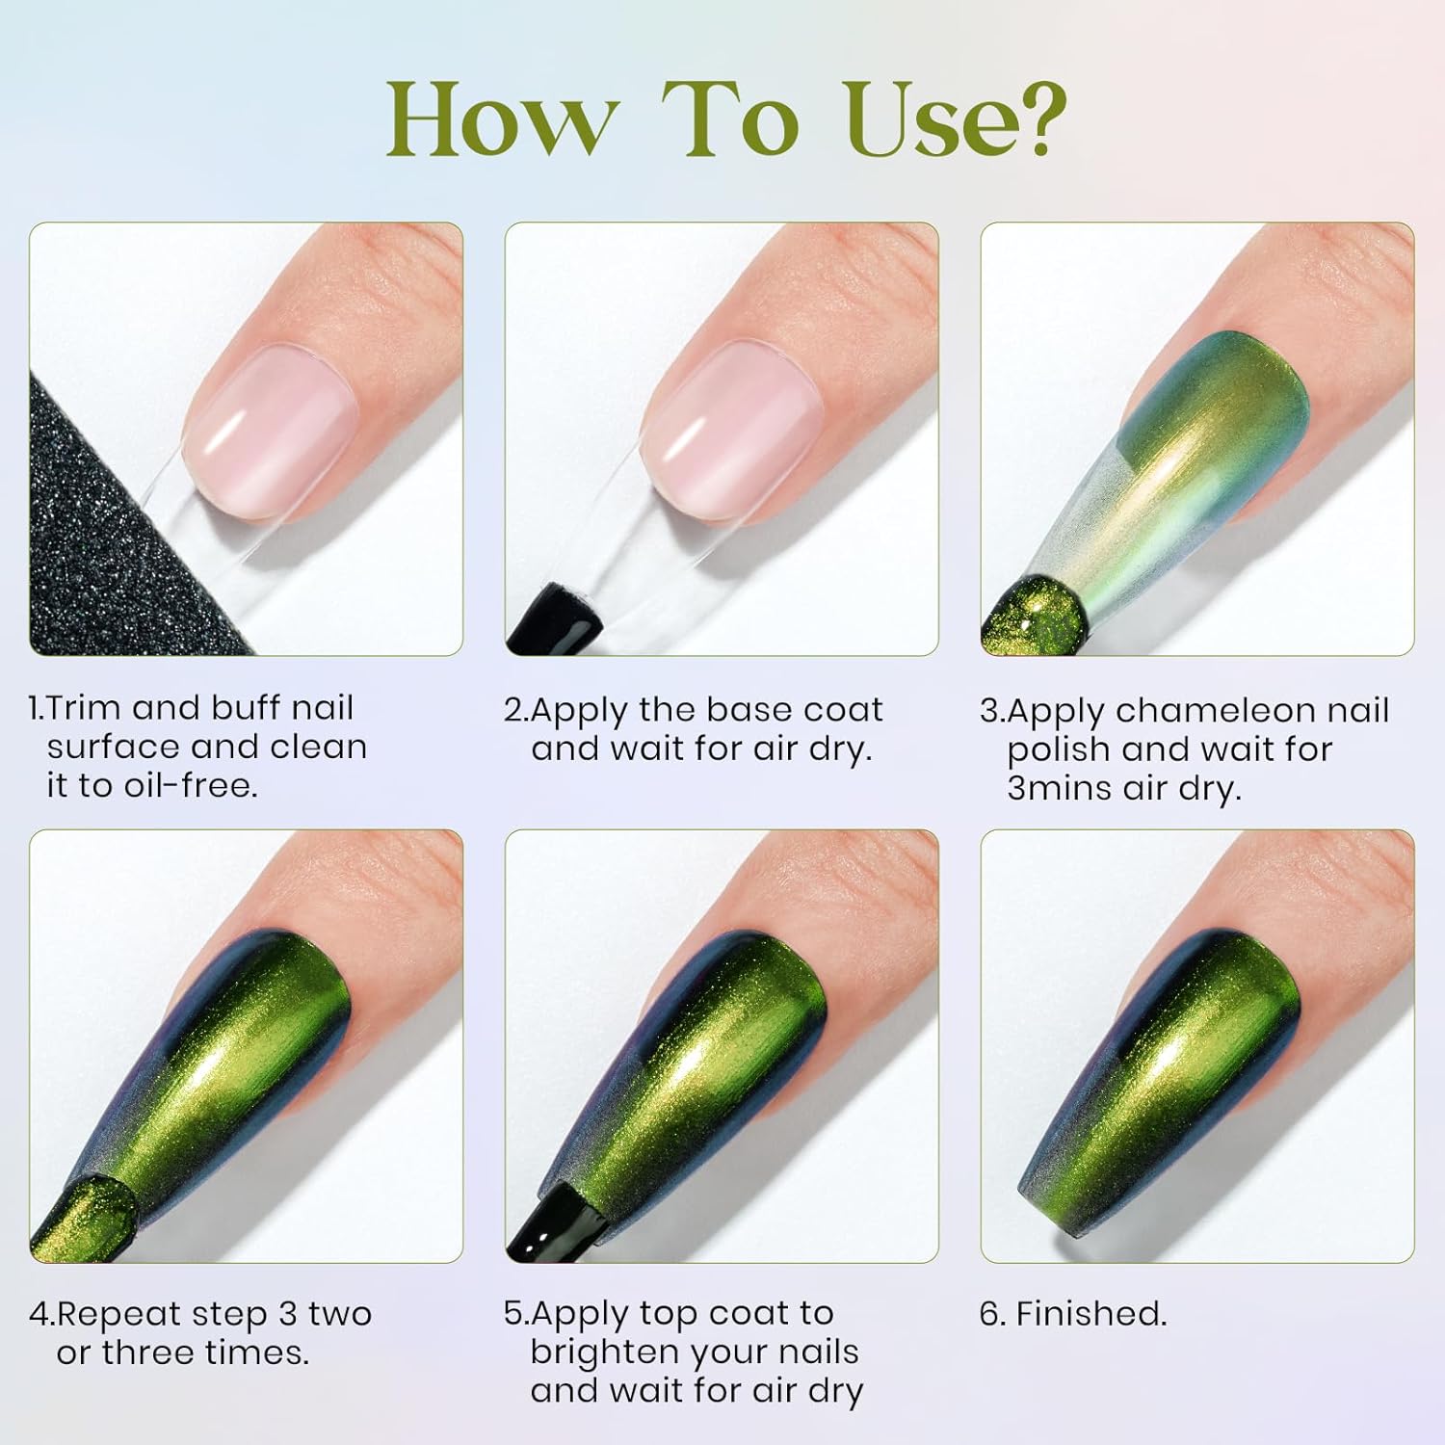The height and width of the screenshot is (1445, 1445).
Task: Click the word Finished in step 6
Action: coord(1090,1314)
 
